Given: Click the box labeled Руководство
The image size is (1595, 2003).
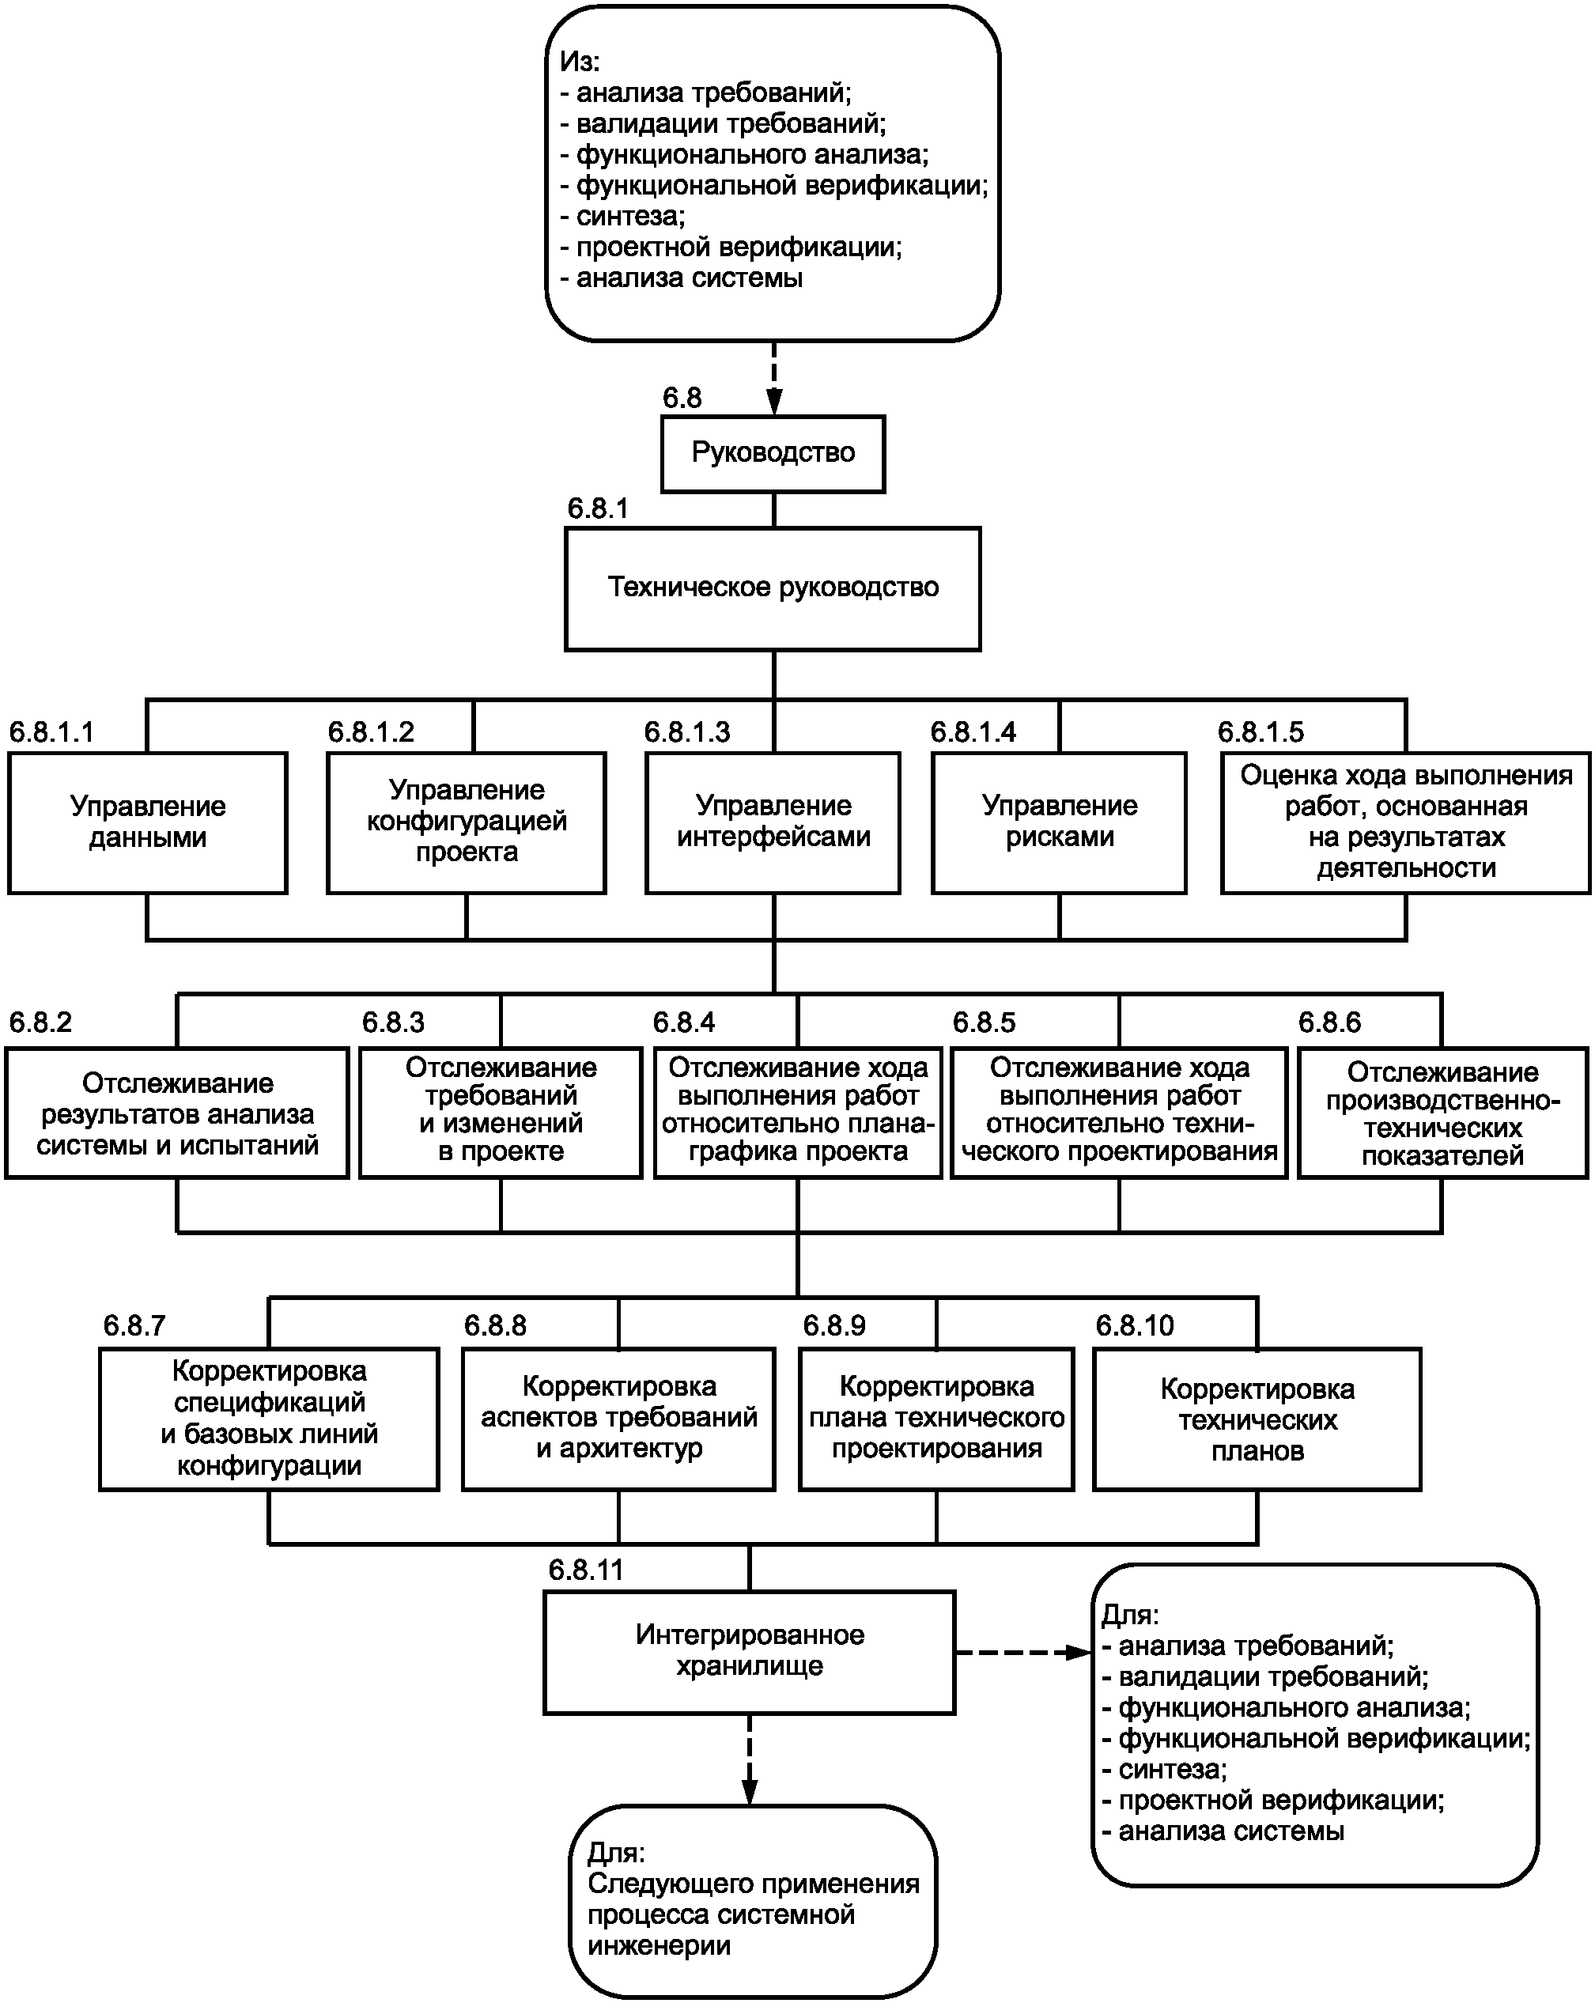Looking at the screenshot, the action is pyautogui.click(x=773, y=453).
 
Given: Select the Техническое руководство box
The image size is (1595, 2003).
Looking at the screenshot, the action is pyautogui.click(x=773, y=588).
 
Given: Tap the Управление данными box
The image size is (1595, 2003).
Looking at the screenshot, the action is pyautogui.click(x=148, y=822).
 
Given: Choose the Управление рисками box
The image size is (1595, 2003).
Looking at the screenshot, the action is pyautogui.click(x=1059, y=822).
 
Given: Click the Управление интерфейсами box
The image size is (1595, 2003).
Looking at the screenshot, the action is pyautogui.click(x=773, y=822).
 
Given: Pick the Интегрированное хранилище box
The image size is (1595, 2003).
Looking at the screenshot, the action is pyautogui.click(x=750, y=1652).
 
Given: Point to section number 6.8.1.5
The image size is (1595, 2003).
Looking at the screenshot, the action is pyautogui.click(x=1261, y=732).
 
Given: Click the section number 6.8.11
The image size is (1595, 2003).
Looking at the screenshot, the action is pyautogui.click(x=586, y=1570).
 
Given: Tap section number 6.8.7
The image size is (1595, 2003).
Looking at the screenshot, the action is pyautogui.click(x=134, y=1326).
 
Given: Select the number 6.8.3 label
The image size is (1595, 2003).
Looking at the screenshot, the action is pyautogui.click(x=393, y=1023).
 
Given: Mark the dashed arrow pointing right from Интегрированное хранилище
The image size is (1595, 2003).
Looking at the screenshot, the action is pyautogui.click(x=1024, y=1653).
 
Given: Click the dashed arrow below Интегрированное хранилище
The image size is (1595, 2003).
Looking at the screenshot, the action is pyautogui.click(x=750, y=1759).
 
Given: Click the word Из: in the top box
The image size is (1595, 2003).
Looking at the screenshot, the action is pyautogui.click(x=580, y=62).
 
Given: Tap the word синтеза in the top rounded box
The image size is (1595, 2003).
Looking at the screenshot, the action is pyautogui.click(x=629, y=217).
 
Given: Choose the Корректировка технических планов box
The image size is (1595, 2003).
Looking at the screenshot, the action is pyautogui.click(x=1257, y=1419).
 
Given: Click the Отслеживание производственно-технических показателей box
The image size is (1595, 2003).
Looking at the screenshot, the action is pyautogui.click(x=1442, y=1113).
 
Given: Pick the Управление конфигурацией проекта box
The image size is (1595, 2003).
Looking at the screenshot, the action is pyautogui.click(x=467, y=822).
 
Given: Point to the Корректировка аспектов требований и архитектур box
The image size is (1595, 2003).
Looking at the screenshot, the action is pyautogui.click(x=618, y=1419).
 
